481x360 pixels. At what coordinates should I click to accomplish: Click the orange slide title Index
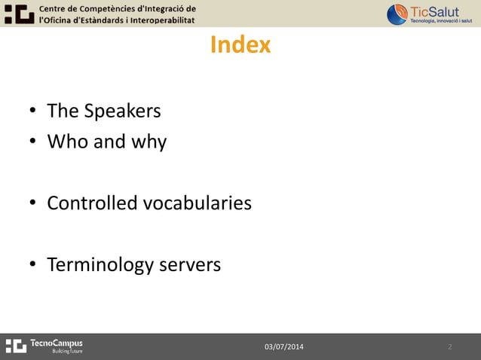coord(240,45)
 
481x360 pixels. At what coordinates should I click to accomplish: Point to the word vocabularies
coord(197,203)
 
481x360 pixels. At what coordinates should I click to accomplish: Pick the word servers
coord(189,266)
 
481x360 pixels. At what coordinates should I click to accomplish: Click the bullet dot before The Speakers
coord(33,112)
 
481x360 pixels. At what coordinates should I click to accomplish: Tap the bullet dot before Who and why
coord(33,143)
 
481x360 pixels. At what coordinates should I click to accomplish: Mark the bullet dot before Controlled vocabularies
coord(33,204)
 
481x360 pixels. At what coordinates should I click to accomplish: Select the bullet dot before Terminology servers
coord(33,266)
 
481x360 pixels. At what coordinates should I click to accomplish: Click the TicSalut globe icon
coord(397,14)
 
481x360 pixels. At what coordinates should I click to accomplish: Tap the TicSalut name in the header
coord(434,11)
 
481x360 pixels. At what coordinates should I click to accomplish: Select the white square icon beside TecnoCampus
coord(16,346)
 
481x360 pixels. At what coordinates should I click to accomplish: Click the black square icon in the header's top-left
coord(19,13)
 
